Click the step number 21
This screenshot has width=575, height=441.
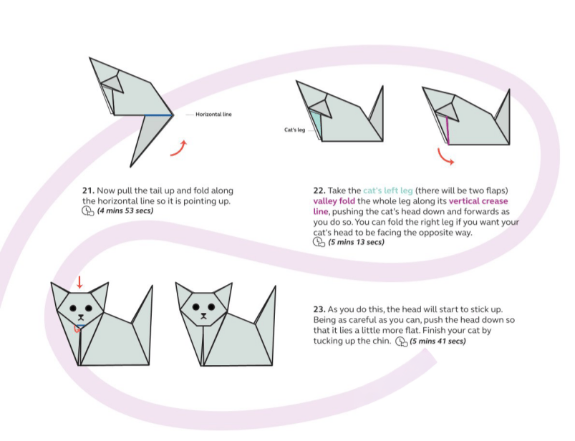click(88, 191)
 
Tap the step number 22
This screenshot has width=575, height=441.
click(319, 191)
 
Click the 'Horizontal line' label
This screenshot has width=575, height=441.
click(213, 115)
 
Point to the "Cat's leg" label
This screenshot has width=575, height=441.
click(294, 130)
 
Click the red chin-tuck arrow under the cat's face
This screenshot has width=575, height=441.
click(76, 329)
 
